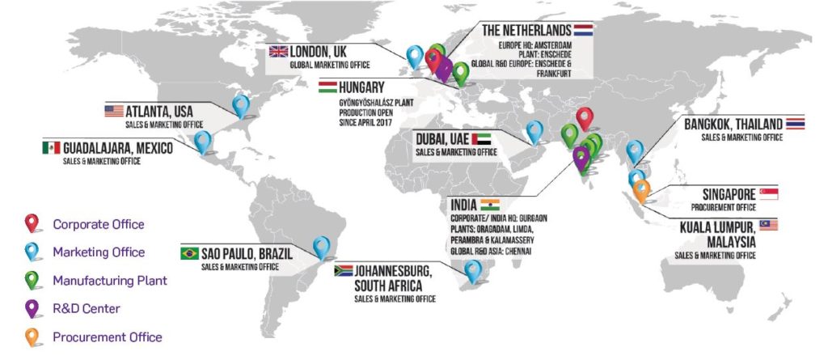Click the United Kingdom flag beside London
coord(278,52)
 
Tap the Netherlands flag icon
coord(582,31)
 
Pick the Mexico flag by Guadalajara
coord(51,148)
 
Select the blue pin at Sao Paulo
coord(322,246)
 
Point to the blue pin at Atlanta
coord(240,104)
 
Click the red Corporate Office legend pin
coord(33,223)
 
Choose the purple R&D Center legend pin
coord(33,308)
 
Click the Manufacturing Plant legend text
coord(109,281)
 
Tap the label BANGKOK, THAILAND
coord(733,125)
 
